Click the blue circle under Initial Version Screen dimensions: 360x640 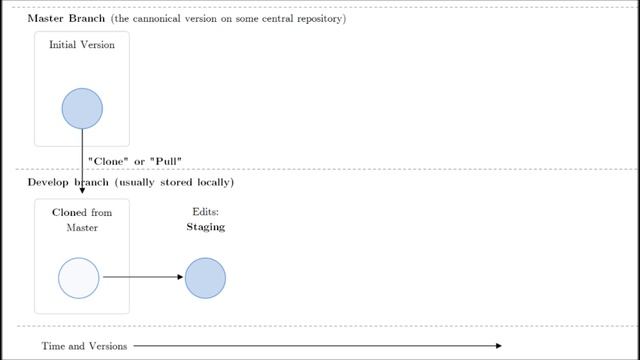click(x=82, y=109)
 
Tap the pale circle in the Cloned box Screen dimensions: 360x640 click(x=79, y=278)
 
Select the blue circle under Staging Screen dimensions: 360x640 click(x=205, y=278)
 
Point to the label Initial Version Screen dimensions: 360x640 click(x=82, y=45)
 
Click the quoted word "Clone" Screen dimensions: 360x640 click(x=108, y=161)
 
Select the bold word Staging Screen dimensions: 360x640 click(x=205, y=227)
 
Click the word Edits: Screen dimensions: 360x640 click(x=205, y=212)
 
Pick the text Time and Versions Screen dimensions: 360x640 click(x=84, y=346)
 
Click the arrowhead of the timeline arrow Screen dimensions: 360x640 click(x=498, y=346)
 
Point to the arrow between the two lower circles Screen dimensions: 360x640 click(x=142, y=278)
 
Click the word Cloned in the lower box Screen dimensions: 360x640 click(x=69, y=213)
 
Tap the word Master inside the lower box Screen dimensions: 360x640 click(x=82, y=228)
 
